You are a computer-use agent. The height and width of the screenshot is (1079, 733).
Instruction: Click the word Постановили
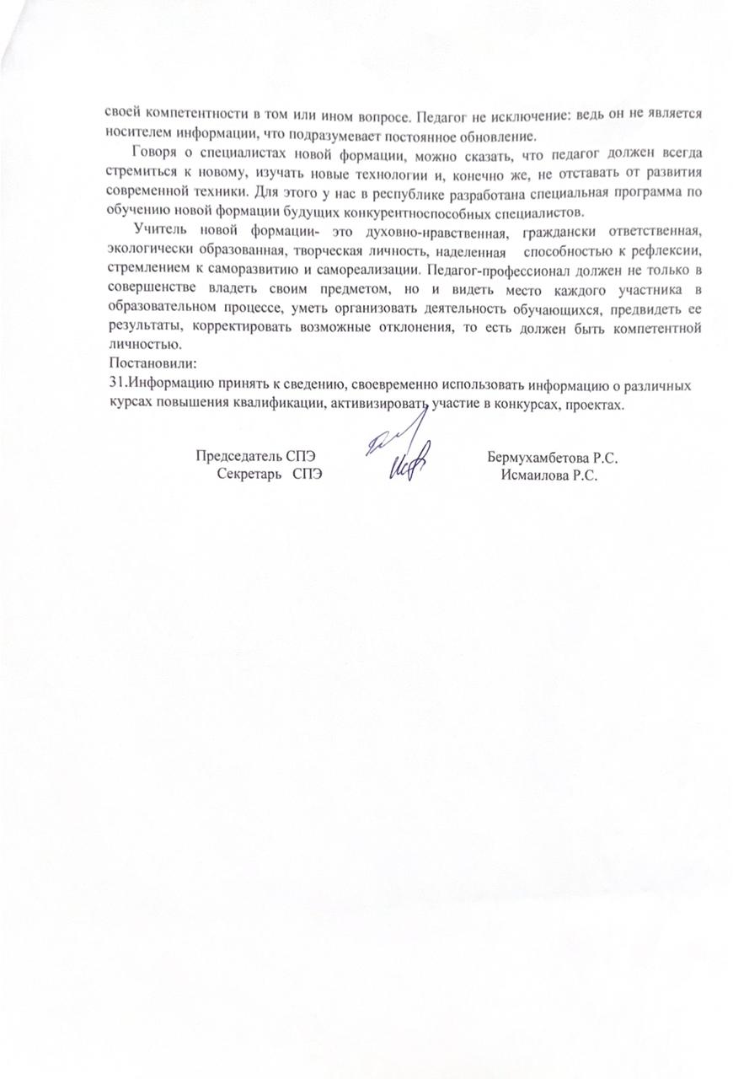(152, 364)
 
